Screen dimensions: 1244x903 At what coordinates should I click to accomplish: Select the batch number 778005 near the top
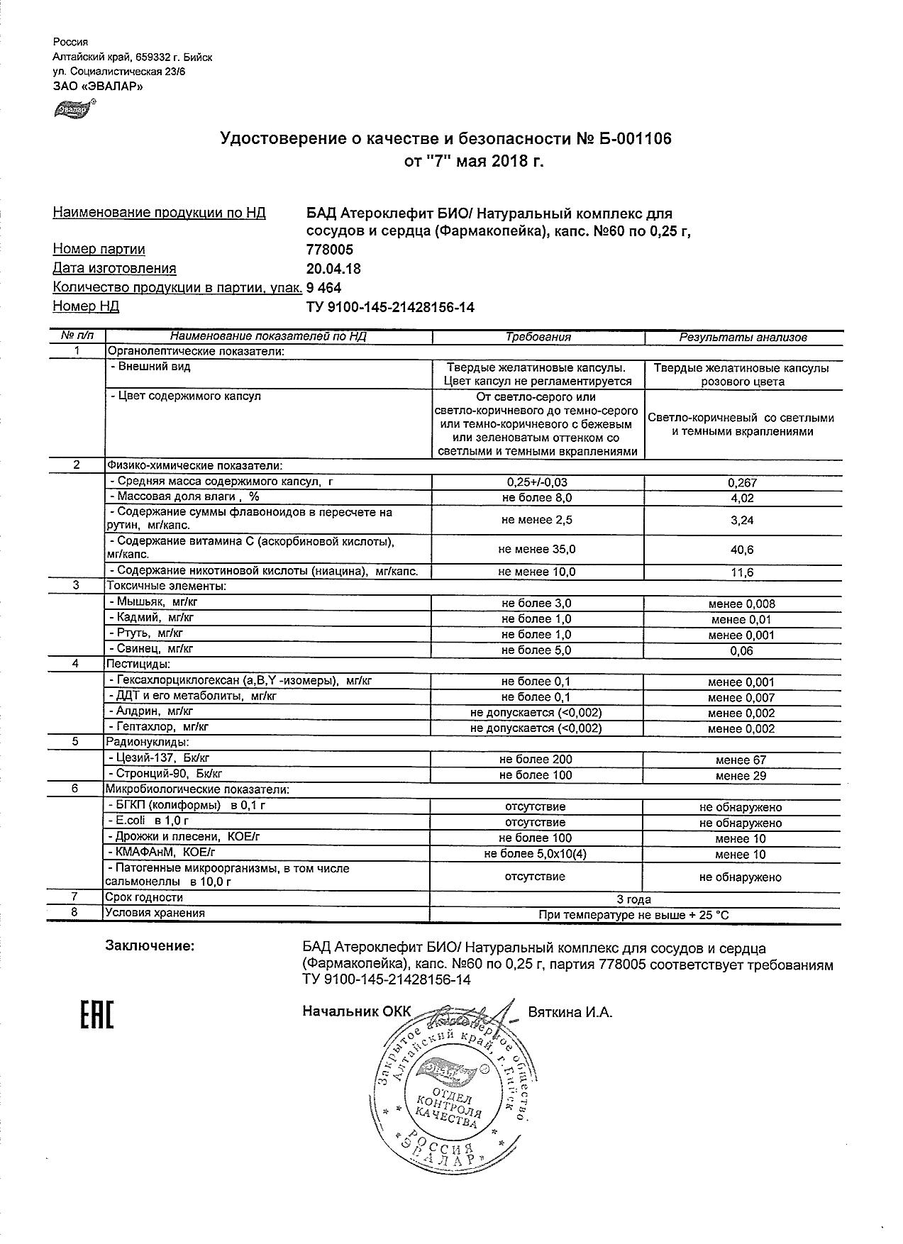pos(329,250)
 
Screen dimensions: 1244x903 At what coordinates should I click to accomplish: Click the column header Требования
pos(538,338)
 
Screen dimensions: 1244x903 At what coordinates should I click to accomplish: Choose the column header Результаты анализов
pos(743,338)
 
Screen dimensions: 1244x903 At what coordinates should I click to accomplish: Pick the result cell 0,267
pos(742,482)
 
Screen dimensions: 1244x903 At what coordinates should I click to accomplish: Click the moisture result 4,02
pos(742,498)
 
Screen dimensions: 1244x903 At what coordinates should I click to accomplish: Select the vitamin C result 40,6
pos(742,550)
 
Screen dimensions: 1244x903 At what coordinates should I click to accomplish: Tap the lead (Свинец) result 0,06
pos(742,650)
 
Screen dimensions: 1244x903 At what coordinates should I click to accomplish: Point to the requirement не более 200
pos(536,760)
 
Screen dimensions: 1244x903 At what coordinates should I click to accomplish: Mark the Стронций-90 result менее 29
pos(741,775)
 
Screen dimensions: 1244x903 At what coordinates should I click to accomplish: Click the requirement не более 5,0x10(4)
pos(536,854)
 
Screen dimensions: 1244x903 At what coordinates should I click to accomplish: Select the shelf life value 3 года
pos(633,899)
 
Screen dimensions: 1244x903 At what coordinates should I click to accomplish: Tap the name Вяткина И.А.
pos(570,1012)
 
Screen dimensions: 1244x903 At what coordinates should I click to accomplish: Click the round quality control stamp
pos(450,1092)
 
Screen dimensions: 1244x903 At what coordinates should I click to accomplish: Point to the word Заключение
pos(149,946)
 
